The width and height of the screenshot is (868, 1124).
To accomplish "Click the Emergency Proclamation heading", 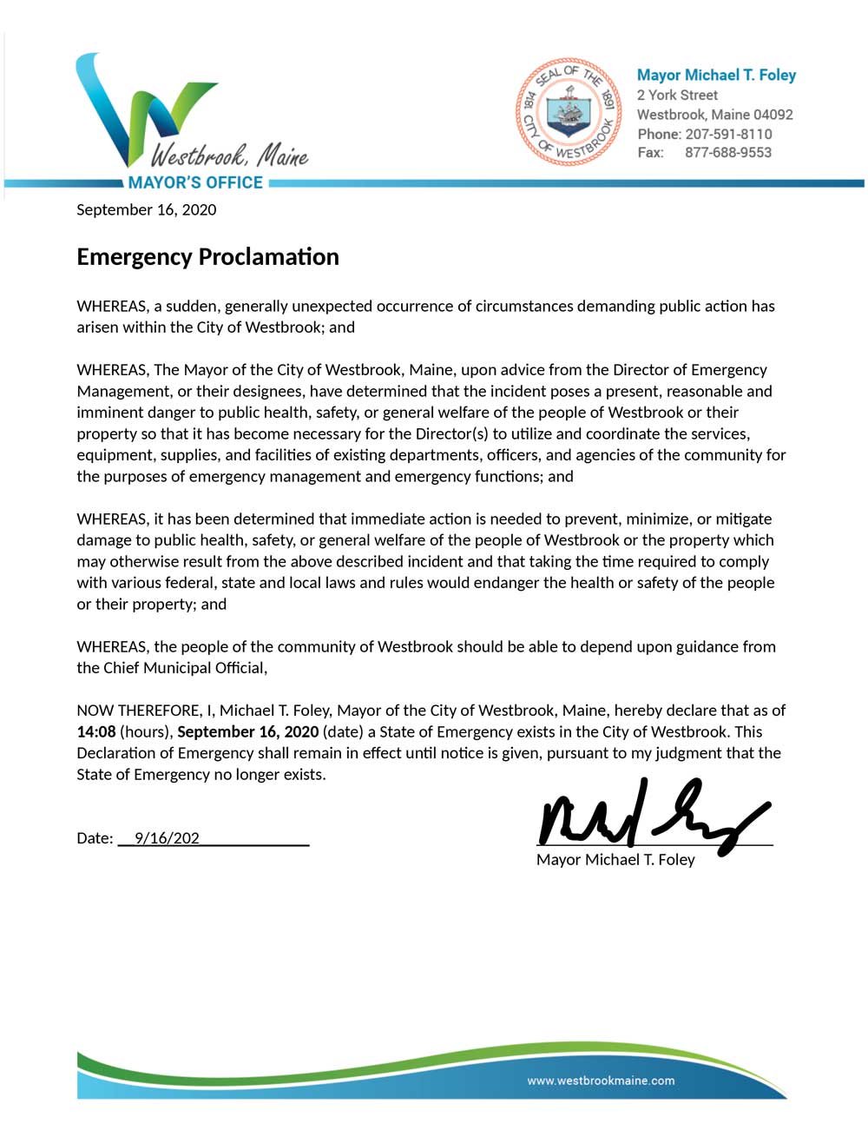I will [x=207, y=257].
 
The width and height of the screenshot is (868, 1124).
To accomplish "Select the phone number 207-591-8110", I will [x=728, y=134].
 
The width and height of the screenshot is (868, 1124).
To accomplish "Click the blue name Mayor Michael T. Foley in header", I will [x=716, y=76].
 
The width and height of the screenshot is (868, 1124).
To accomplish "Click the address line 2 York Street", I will [x=677, y=96].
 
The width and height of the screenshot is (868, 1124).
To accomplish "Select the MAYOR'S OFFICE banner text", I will [x=195, y=182].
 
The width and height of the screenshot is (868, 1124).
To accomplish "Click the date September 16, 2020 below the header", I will [x=146, y=209].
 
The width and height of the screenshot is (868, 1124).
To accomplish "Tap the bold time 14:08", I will [x=95, y=731].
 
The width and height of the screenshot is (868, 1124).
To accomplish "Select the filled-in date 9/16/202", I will [x=167, y=838].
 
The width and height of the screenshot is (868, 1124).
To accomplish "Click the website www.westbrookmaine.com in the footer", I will [x=601, y=1081].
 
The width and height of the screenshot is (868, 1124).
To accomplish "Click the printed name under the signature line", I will [x=615, y=860].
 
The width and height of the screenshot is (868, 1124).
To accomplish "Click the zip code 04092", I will [x=773, y=115].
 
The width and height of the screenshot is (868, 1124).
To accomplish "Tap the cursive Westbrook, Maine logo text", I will [x=229, y=156].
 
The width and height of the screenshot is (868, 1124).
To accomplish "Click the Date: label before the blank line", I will [x=95, y=838].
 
